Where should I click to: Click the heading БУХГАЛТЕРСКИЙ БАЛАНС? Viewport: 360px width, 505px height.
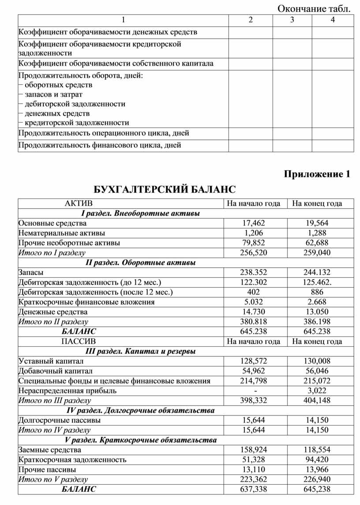[x=165, y=190]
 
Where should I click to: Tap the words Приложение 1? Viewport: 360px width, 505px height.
[x=317, y=174]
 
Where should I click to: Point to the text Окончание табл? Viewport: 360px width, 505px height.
[x=315, y=8]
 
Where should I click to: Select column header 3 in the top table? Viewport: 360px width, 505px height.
[x=292, y=20]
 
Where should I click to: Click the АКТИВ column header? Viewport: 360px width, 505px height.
[x=79, y=203]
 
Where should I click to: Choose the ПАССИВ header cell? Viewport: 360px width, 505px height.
[x=79, y=341]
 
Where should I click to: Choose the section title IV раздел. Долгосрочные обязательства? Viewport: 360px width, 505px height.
[x=140, y=411]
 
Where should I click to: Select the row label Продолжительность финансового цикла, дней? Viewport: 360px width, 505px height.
[x=100, y=145]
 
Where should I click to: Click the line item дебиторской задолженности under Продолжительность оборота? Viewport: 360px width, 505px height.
[x=75, y=104]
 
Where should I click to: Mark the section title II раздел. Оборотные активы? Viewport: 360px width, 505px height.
[x=140, y=262]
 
